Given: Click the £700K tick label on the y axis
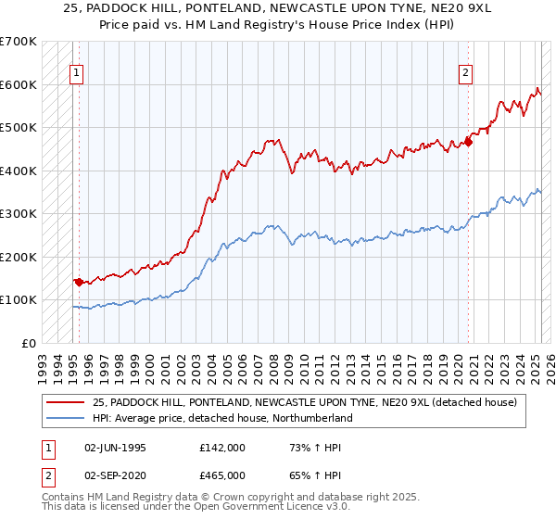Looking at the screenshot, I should click(19, 42).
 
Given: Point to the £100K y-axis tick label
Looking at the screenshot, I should click(19, 299).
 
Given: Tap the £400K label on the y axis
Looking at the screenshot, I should click(19, 171).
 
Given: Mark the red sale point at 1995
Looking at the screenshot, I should click(79, 281).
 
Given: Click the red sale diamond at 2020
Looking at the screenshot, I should click(468, 142).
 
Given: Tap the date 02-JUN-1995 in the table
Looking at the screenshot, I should click(115, 448).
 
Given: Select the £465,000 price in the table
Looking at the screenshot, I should click(222, 474).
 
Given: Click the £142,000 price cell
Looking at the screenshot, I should click(222, 448).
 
